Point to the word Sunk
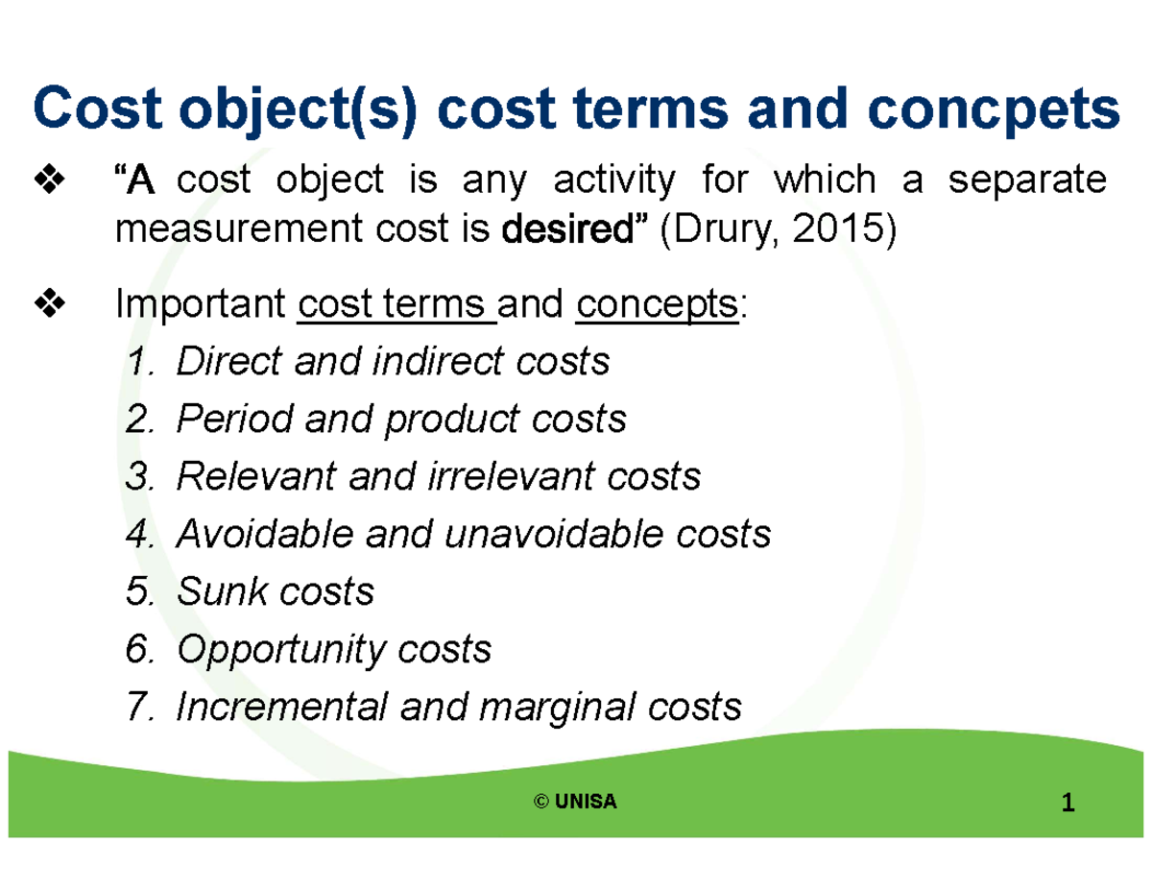pyautogui.click(x=218, y=591)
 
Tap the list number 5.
pyautogui.click(x=137, y=591)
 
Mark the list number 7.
pyautogui.click(x=137, y=708)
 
